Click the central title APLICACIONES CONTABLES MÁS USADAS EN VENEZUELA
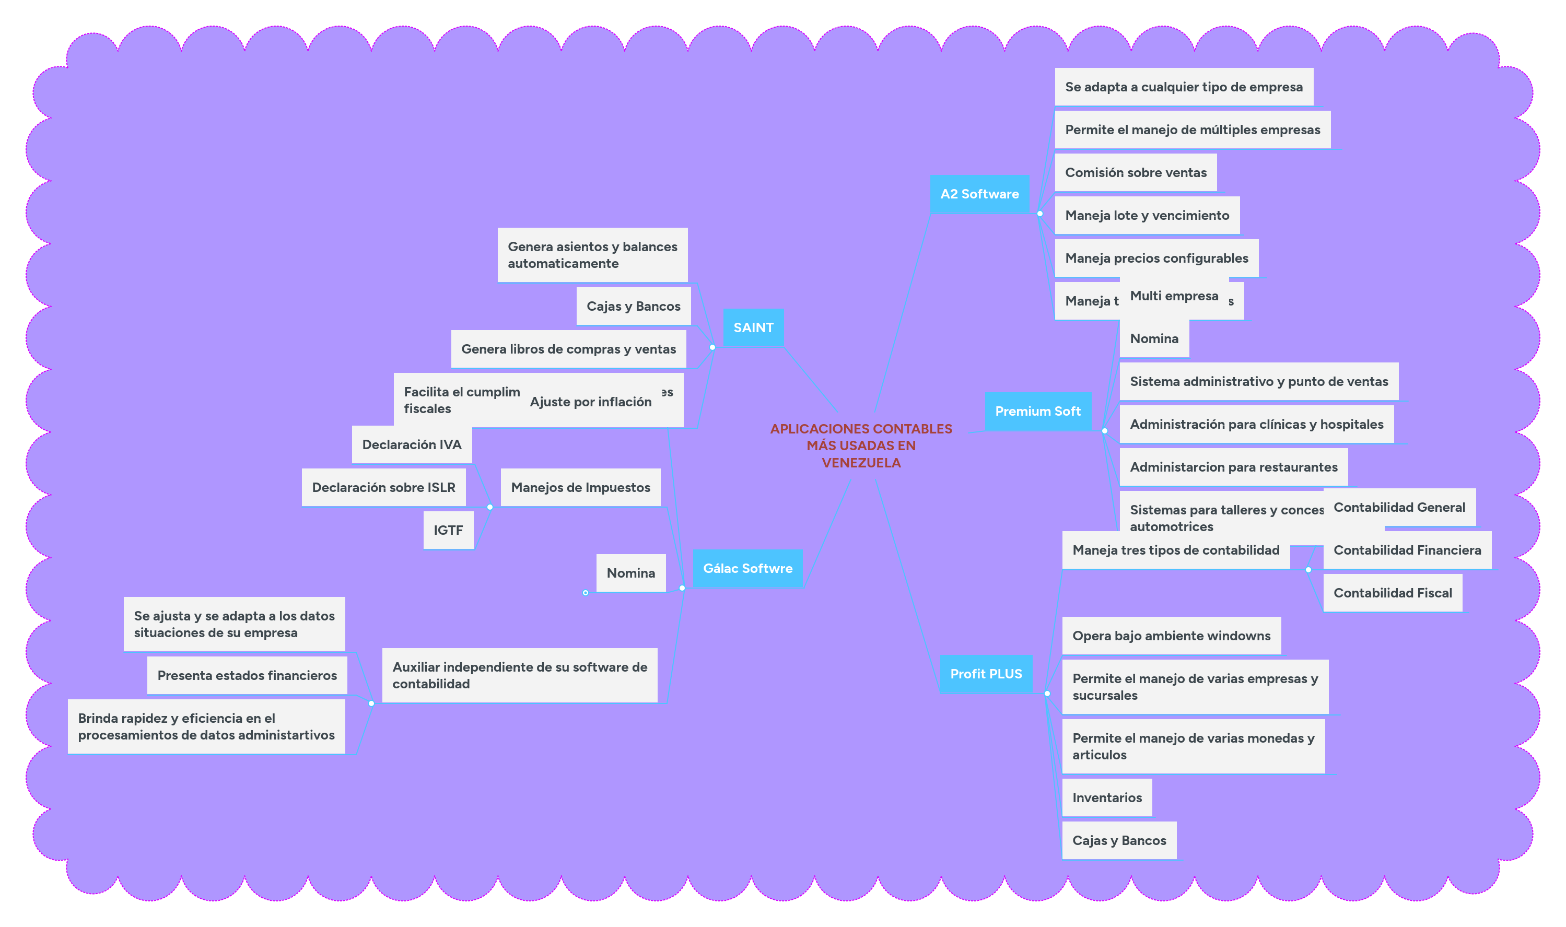tap(861, 445)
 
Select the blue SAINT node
tap(753, 327)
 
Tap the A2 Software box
tap(979, 194)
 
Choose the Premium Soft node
tap(1037, 411)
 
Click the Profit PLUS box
tap(986, 673)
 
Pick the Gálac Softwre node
tap(747, 568)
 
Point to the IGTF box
tap(448, 530)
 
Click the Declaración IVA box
tap(411, 444)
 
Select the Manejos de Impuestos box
tap(580, 487)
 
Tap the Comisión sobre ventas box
tap(1135, 172)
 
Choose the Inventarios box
tap(1106, 797)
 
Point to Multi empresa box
tap(1174, 296)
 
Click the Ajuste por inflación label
tap(590, 402)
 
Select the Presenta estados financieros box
tap(247, 675)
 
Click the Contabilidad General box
tap(1399, 507)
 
